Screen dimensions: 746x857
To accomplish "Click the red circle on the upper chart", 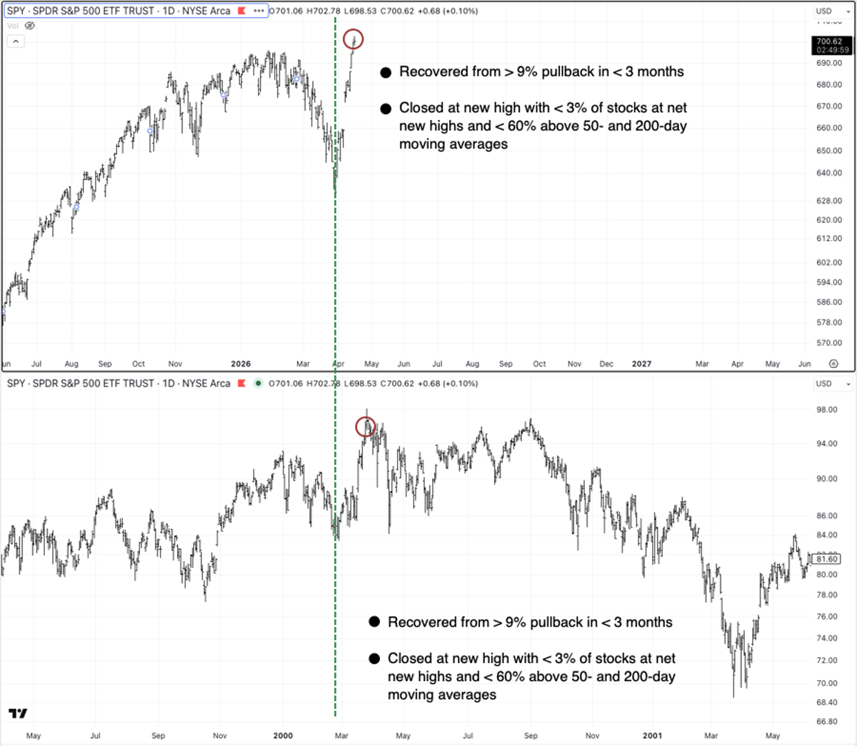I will click(354, 39).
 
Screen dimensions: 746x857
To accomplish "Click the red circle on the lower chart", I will click(366, 427).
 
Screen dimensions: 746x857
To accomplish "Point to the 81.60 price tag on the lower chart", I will click(828, 559).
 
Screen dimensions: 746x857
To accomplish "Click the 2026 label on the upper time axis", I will click(241, 364).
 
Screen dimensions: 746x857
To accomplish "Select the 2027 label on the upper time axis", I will click(641, 364).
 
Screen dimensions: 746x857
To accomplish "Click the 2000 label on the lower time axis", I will click(283, 735).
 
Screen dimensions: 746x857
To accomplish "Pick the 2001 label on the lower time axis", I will click(652, 735).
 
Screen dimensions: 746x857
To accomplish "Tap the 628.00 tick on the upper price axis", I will click(829, 202).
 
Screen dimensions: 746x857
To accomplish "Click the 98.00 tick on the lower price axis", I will click(827, 409).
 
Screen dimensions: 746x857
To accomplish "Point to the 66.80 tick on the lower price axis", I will click(827, 722).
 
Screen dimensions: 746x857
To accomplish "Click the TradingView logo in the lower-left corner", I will click(18, 713).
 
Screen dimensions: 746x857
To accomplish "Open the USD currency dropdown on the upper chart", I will click(833, 11).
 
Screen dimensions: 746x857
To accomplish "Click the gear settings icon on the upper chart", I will click(833, 364).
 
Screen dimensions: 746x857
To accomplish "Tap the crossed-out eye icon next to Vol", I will click(30, 26).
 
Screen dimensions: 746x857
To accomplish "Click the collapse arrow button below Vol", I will click(15, 41).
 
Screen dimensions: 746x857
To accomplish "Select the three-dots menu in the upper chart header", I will click(259, 11).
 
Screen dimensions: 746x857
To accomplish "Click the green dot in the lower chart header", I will click(258, 384).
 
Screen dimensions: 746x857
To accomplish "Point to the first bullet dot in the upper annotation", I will click(386, 72).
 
